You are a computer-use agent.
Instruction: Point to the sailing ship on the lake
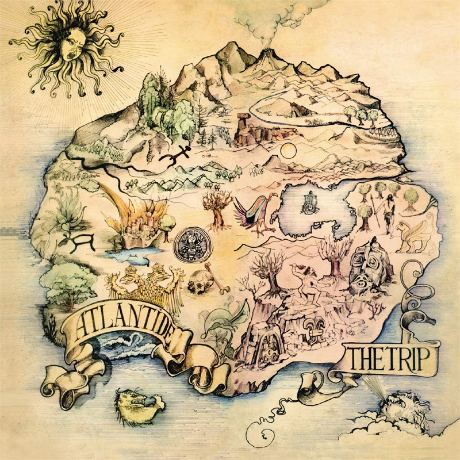[311, 202]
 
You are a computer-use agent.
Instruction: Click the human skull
[199, 283]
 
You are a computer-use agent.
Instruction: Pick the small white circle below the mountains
[287, 151]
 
